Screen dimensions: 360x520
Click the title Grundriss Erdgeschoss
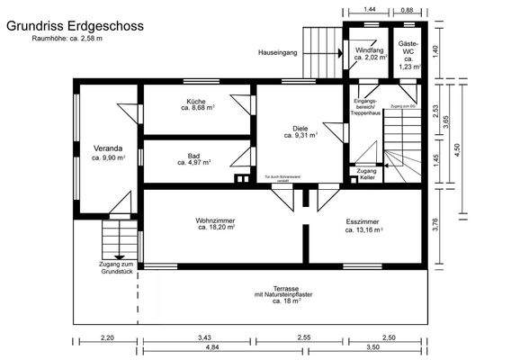pos(74,27)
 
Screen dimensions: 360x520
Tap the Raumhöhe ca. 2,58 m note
pos(67,40)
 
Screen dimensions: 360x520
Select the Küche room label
pos(196,105)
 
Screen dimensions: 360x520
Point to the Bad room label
pos(193,159)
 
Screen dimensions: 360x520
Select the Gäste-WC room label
pos(408,58)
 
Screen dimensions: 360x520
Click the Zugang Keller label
pos(366,174)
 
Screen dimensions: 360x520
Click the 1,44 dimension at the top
pos(369,9)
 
